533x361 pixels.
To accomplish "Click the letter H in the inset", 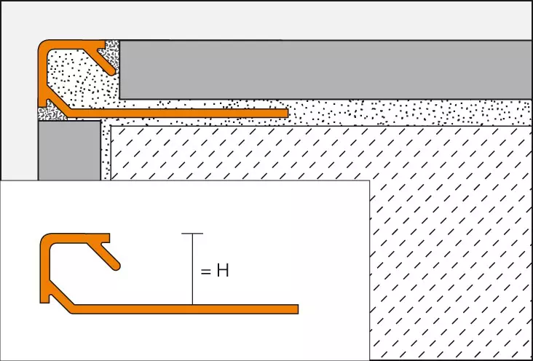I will click(223, 271).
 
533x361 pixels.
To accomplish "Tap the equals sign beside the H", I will click(205, 272).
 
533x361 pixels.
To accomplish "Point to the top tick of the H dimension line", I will click(192, 233).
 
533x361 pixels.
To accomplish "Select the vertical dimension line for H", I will click(192, 269).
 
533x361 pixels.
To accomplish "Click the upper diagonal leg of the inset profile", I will click(109, 253).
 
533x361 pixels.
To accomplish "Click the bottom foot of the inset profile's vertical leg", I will click(45, 298).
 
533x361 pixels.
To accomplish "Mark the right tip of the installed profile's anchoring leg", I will click(285, 114).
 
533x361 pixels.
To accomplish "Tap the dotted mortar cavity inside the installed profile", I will click(73, 80).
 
